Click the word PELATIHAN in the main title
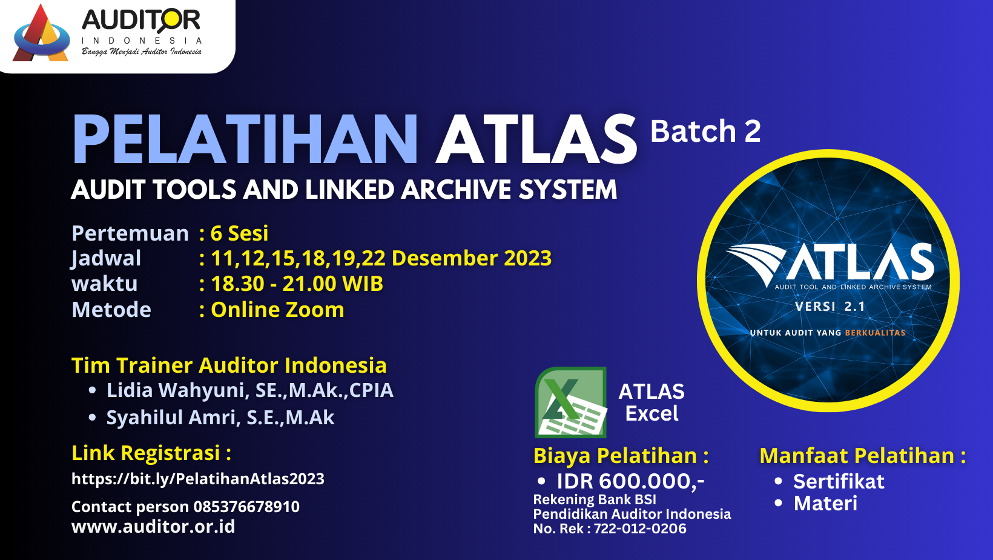[245, 139]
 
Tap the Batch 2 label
[705, 132]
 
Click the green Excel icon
[571, 402]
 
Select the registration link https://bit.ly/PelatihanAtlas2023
[198, 479]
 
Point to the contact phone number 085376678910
[246, 506]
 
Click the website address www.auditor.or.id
[153, 526]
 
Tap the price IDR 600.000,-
[630, 481]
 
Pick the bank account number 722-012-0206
[639, 528]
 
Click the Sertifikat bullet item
[838, 481]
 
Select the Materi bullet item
[825, 503]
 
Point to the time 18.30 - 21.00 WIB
[297, 284]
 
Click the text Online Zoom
[277, 309]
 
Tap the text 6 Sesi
[239, 233]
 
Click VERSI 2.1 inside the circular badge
[830, 307]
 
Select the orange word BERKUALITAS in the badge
[875, 333]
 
